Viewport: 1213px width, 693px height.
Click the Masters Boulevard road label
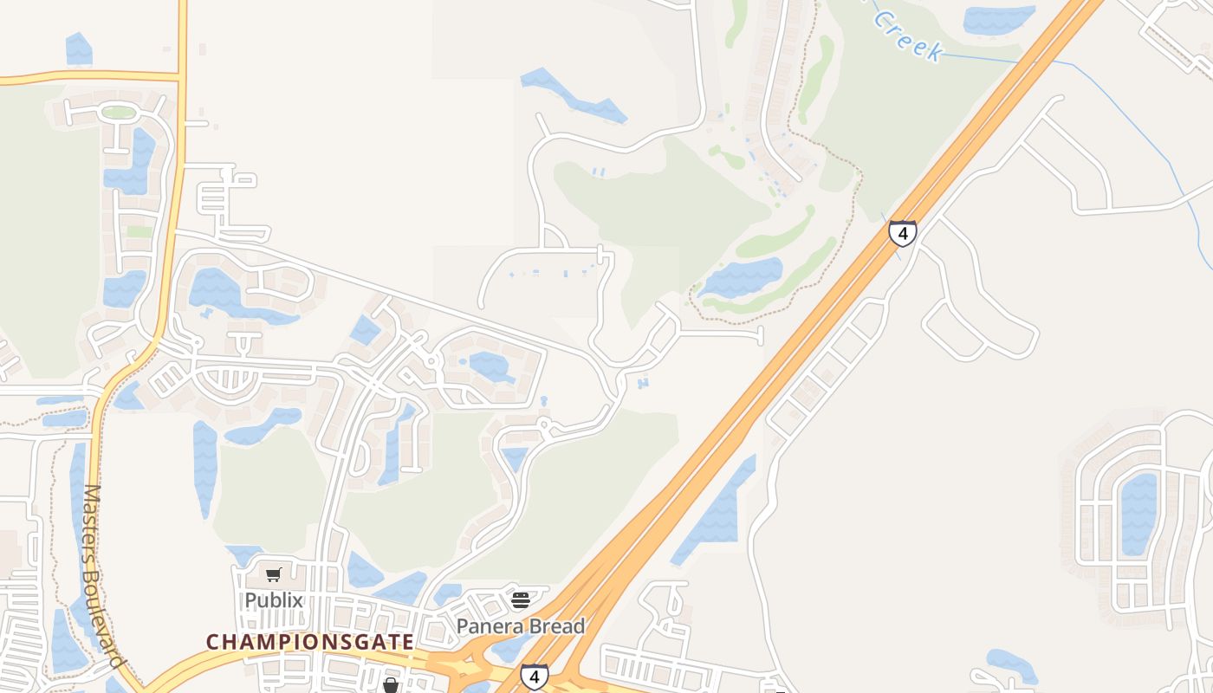(103, 575)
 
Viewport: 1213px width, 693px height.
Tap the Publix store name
(274, 599)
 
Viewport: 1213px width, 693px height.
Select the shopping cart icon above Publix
(274, 574)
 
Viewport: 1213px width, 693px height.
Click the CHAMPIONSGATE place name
(309, 642)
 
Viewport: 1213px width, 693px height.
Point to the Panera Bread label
(521, 625)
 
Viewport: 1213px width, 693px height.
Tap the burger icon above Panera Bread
(521, 599)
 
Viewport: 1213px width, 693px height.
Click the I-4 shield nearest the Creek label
(903, 233)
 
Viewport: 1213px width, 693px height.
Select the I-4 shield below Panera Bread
(534, 676)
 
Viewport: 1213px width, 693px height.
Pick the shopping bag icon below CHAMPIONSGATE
(391, 686)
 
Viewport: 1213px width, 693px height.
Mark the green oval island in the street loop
(118, 112)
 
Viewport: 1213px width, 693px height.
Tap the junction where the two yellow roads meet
(182, 77)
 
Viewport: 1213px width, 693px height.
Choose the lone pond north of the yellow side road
(79, 49)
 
